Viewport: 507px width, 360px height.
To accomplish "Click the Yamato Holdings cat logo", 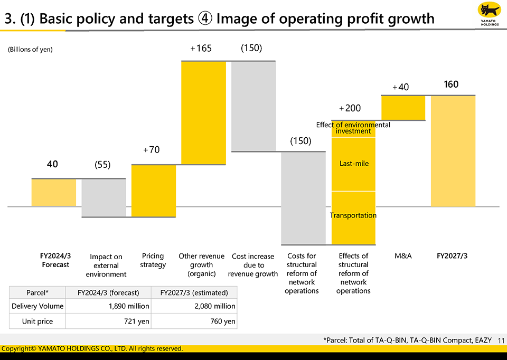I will click(489, 12).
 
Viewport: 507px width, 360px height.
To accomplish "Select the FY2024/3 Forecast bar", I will click(54, 193).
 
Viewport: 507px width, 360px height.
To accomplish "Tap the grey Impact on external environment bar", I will click(104, 198).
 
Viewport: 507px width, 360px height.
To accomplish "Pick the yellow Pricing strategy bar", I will click(153, 191).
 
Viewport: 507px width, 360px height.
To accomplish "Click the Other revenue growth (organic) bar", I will click(203, 113).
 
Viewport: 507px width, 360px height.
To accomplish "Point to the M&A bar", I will click(403, 108).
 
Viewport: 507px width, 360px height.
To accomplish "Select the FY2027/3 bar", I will click(453, 151).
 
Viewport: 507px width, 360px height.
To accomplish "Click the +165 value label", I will click(201, 49).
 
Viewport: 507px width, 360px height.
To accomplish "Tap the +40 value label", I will click(400, 87).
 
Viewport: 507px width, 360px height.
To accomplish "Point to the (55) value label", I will click(102, 165).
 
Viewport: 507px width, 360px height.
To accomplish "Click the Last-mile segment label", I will click(354, 164).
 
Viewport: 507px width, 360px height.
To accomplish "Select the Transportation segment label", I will click(353, 215).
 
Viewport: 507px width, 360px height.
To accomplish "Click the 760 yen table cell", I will click(223, 321).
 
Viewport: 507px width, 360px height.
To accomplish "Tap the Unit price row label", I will click(37, 321).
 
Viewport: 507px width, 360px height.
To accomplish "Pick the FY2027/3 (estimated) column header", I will click(194, 292).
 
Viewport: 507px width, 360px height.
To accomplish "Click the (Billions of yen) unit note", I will click(30, 50).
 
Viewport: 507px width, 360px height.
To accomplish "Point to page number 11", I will click(501, 341).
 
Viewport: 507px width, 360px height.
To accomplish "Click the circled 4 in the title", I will click(205, 19).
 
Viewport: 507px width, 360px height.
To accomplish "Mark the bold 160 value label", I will click(451, 84).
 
